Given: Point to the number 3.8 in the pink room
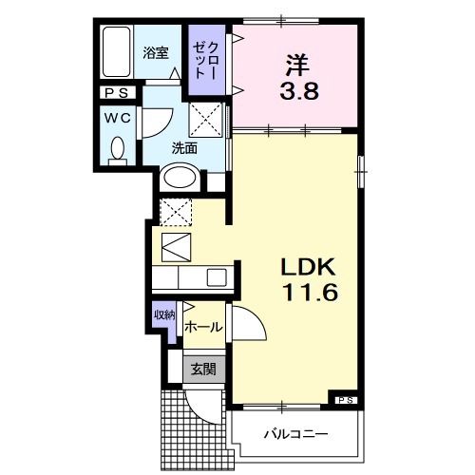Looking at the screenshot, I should [295, 93].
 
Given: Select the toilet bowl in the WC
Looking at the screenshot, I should [119, 150].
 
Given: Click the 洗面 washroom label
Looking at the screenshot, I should [184, 147].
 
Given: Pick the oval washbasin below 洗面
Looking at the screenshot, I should [179, 176].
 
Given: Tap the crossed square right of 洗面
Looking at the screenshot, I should [208, 121].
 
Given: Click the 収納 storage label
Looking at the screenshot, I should [164, 313].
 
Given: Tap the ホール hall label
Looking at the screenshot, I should [203, 327].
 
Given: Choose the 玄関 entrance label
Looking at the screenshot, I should [199, 369].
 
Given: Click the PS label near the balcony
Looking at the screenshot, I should [344, 400].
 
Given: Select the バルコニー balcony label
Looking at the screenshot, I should [294, 434].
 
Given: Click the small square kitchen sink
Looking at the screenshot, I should [217, 277].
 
